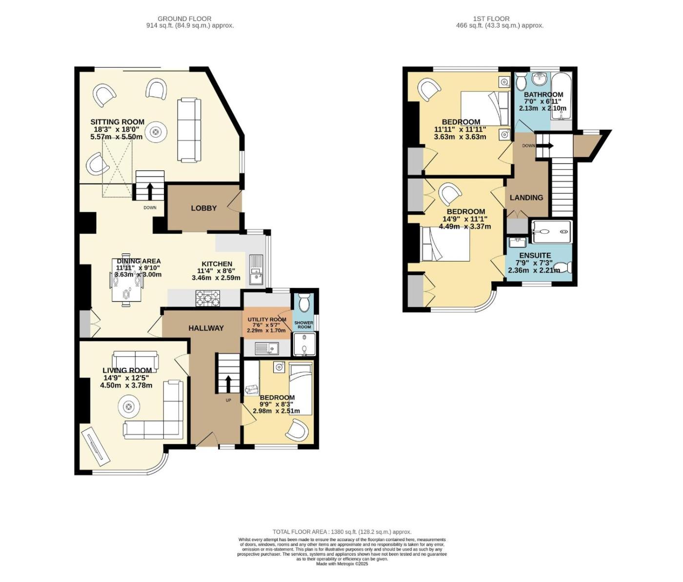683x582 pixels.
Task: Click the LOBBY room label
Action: pyautogui.click(x=203, y=208)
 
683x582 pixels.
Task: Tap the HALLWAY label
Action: pyautogui.click(x=206, y=328)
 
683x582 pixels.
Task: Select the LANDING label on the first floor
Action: pyautogui.click(x=526, y=198)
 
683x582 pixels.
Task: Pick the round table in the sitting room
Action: pyautogui.click(x=155, y=132)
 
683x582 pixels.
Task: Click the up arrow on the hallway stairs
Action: pyautogui.click(x=228, y=383)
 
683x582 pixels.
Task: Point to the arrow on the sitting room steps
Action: pyautogui.click(x=150, y=191)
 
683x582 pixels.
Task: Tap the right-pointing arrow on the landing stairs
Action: pyautogui.click(x=546, y=145)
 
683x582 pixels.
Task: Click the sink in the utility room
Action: pyautogui.click(x=267, y=348)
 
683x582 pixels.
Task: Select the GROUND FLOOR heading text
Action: pyautogui.click(x=184, y=19)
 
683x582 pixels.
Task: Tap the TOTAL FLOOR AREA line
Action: pyautogui.click(x=341, y=532)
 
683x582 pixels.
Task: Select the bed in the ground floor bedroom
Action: pyautogui.click(x=301, y=389)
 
